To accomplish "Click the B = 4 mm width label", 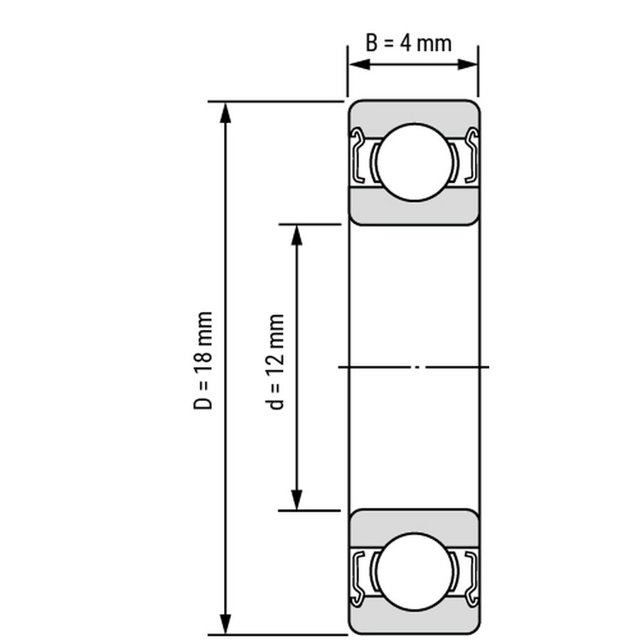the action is coord(409,43).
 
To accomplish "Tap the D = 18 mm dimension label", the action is coord(203,361).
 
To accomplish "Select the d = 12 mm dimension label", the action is coord(275,362).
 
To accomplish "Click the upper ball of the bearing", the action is coord(415,162).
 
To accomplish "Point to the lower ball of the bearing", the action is coord(415,572).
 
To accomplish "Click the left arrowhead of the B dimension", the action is coord(360,65).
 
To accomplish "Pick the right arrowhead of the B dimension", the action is coord(467,65).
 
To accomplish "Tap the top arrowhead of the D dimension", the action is coord(225,113).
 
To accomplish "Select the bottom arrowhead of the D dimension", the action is coord(225,623).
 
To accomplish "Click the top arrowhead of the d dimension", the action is coord(297,235).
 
